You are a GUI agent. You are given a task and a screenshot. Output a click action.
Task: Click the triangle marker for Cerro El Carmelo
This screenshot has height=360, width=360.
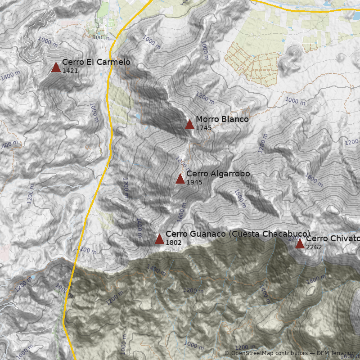[56, 67]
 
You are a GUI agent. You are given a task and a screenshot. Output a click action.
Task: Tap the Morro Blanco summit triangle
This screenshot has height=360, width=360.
[189, 125]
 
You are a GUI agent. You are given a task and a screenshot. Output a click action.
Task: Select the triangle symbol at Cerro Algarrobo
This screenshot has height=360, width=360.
[180, 179]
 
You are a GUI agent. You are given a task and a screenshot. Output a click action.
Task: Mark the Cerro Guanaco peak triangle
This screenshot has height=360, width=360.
[159, 239]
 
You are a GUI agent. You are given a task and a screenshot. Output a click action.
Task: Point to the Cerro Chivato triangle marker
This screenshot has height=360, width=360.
[300, 243]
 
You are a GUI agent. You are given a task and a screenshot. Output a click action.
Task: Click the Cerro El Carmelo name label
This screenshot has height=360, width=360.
[96, 62]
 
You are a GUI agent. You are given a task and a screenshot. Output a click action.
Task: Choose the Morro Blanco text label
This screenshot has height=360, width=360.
[222, 119]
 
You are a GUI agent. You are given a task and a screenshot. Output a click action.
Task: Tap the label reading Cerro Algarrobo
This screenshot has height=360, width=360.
[218, 174]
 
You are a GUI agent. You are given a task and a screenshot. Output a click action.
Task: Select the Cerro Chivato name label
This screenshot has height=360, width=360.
[333, 238]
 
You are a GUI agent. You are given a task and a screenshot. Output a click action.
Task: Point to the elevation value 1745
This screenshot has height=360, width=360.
[203, 128]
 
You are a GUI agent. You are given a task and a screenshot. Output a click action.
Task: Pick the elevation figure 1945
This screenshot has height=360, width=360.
[194, 182]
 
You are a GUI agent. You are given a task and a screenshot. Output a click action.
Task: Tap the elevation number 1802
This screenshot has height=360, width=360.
[173, 243]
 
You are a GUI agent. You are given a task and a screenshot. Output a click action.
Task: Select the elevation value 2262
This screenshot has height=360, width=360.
[314, 247]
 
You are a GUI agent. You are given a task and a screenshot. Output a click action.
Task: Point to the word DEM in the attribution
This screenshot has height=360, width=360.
[323, 353]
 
